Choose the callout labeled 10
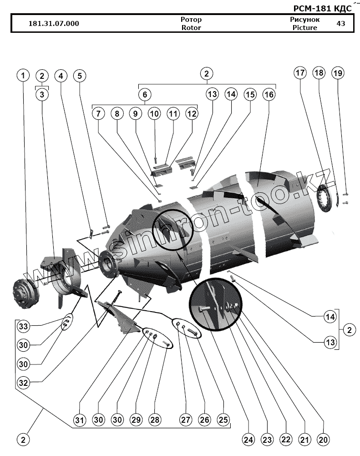click(x=154, y=113)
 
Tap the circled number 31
click(x=80, y=420)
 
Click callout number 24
click(x=248, y=440)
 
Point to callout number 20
click(x=324, y=440)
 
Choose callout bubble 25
click(x=223, y=420)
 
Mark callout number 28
click(x=156, y=420)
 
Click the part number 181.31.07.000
click(x=53, y=24)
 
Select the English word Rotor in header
click(x=191, y=27)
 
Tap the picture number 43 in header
click(x=340, y=23)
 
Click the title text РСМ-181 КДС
click(x=322, y=8)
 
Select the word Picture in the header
click(x=305, y=27)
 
